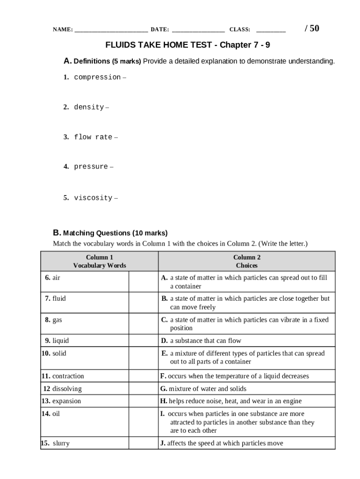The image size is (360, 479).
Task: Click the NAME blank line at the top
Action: [111, 30]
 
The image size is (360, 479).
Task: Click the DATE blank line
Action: [199, 30]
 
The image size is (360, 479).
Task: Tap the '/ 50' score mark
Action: [312, 29]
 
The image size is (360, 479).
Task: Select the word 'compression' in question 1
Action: [97, 77]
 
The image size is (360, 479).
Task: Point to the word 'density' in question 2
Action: [89, 107]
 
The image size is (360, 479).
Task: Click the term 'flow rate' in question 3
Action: [93, 137]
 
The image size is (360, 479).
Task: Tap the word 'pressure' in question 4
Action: [91, 167]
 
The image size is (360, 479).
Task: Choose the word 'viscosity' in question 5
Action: [93, 198]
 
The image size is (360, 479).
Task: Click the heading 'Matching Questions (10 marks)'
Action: [115, 233]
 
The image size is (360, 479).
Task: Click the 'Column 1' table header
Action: [100, 257]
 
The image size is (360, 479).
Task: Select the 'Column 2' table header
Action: [247, 257]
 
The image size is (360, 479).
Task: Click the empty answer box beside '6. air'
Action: [144, 282]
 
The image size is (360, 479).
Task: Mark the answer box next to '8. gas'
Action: [144, 324]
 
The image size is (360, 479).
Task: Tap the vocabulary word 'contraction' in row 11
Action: [68, 376]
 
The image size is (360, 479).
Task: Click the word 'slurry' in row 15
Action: [61, 443]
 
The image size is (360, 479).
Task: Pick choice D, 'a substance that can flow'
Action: [206, 341]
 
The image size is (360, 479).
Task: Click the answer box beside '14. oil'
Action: [144, 422]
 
